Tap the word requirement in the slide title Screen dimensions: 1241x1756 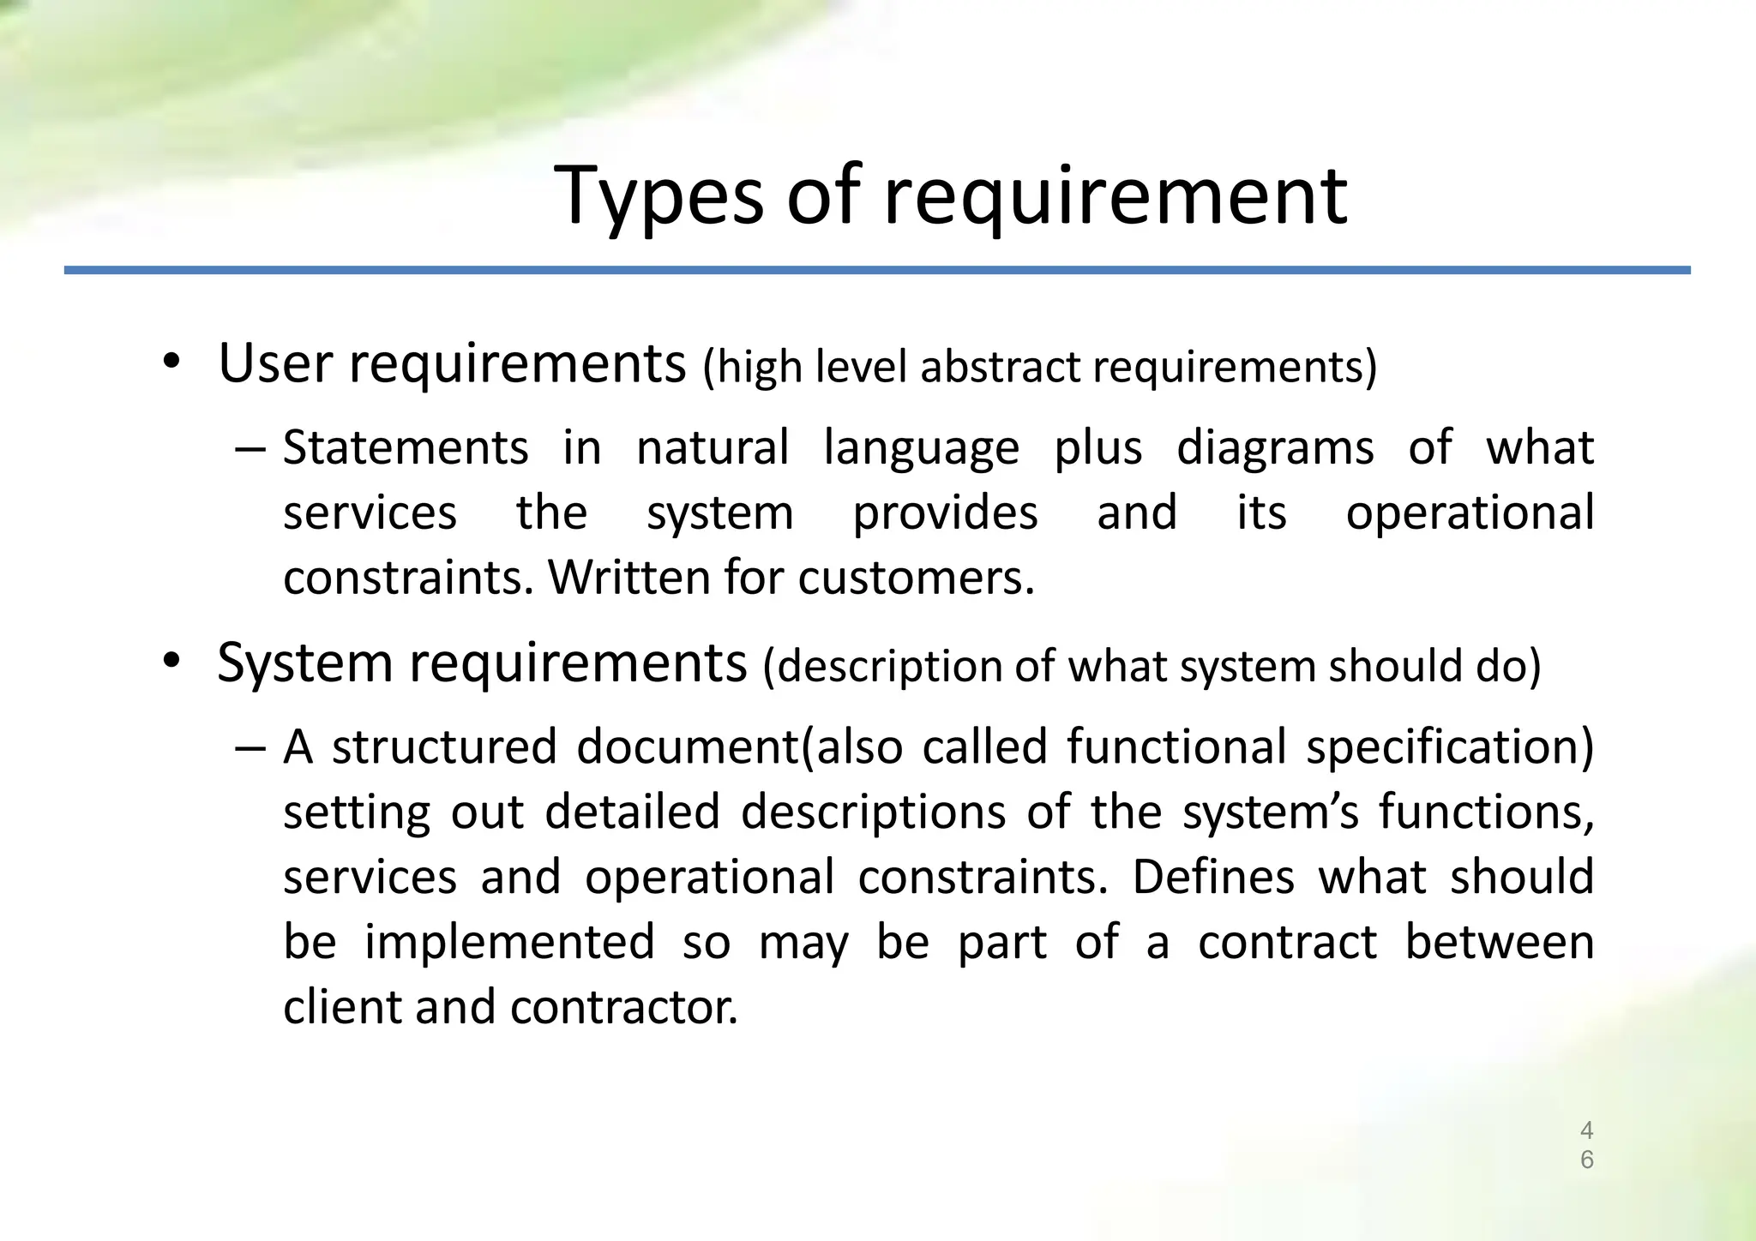point(1116,197)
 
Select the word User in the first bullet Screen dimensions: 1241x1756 point(274,363)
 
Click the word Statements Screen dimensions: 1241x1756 point(406,448)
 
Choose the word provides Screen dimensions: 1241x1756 point(945,514)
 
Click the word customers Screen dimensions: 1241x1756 point(916,579)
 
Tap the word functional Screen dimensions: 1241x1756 point(1176,747)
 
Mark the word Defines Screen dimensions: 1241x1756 point(1213,878)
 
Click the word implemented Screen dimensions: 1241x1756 point(509,943)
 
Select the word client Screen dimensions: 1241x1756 point(341,1007)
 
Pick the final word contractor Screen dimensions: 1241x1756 point(623,1007)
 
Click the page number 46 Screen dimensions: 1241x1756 point(1586,1145)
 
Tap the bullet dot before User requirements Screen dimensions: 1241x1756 point(172,363)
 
